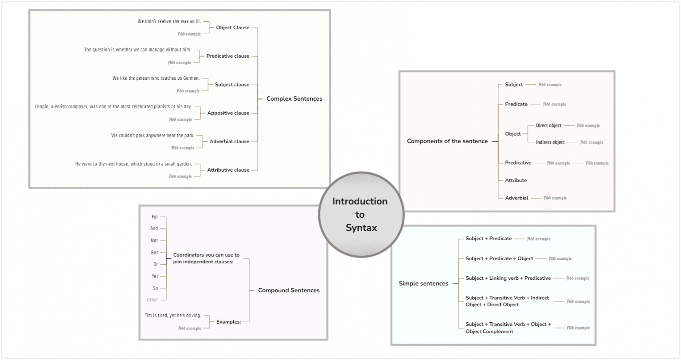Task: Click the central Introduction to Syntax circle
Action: (361, 215)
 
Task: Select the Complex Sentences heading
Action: (294, 99)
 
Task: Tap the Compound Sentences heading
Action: (289, 290)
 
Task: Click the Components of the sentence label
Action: (447, 141)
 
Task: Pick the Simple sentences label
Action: (423, 283)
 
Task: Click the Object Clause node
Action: (232, 28)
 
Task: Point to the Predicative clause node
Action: (227, 56)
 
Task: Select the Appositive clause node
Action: (228, 113)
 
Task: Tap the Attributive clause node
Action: (228, 170)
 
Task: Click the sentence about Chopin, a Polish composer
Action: (113, 107)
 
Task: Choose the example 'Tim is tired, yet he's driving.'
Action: (173, 316)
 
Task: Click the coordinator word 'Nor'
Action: (154, 241)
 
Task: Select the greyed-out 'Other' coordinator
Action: (152, 300)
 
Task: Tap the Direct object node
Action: (548, 125)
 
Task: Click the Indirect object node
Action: (550, 142)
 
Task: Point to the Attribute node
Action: (516, 180)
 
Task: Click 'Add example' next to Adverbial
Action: (555, 198)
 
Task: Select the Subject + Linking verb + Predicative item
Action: (508, 278)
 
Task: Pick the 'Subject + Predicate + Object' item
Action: (499, 258)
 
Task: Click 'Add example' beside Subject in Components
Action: (550, 85)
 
